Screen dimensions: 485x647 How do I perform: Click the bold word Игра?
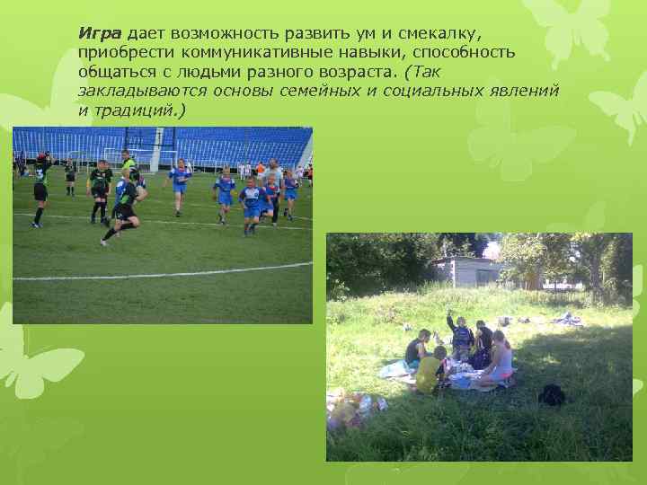[x=101, y=34]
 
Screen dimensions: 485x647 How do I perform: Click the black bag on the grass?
[x=551, y=394]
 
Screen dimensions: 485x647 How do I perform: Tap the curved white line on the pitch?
[x=162, y=272]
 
